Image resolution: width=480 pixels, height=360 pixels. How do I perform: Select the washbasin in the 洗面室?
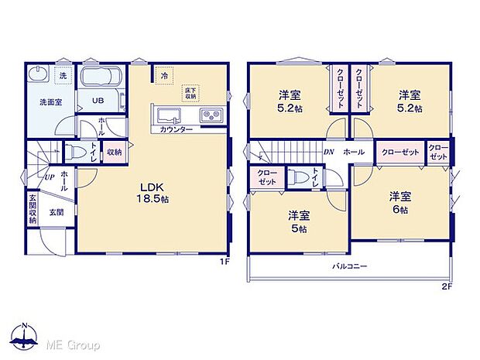(x=37, y=77)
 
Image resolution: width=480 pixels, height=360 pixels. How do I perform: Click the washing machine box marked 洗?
(x=63, y=75)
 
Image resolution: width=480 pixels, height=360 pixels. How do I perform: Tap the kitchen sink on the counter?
(x=170, y=116)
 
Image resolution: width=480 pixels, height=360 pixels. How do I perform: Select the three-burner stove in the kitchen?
(x=210, y=116)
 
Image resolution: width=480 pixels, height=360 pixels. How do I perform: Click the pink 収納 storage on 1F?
(x=113, y=153)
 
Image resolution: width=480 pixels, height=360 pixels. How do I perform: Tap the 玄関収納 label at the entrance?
(x=32, y=210)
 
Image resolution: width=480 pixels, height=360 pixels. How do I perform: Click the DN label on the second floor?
(x=328, y=153)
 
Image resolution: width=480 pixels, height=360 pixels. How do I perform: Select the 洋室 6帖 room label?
(x=400, y=201)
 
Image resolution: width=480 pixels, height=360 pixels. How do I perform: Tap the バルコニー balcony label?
(x=350, y=266)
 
